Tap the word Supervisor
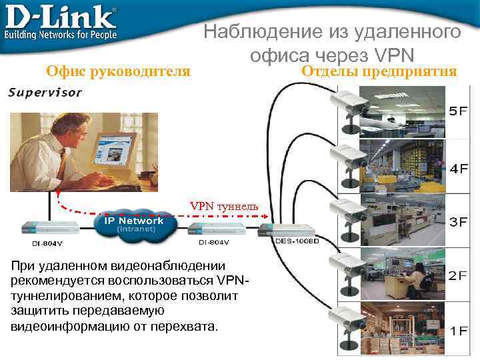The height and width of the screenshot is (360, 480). point(45,93)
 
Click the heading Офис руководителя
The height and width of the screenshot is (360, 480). point(117,71)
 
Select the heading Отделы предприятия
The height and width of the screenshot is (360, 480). point(379,71)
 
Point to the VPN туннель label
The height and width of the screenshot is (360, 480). point(224,206)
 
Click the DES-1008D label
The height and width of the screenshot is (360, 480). point(297,241)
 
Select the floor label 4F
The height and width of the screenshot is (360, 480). point(458,168)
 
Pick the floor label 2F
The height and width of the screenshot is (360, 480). point(458,275)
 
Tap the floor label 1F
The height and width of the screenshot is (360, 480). point(458,330)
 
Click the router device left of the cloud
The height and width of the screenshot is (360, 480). point(47,226)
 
